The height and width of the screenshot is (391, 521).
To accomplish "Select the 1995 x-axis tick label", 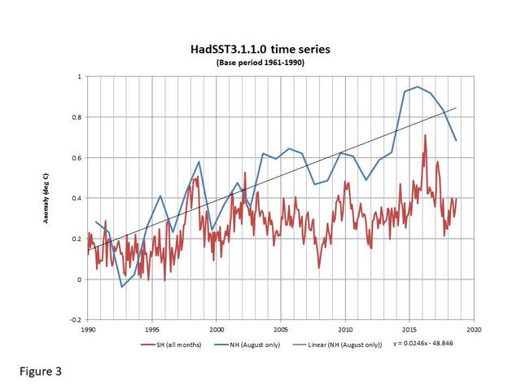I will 152,330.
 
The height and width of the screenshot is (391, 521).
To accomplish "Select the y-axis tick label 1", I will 79,77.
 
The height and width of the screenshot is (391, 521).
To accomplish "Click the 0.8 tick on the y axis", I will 77,117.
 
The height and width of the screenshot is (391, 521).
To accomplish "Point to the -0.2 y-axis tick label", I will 75,320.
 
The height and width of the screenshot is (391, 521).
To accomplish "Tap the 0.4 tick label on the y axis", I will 77,198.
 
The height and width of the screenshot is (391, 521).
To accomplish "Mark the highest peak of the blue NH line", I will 418,86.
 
